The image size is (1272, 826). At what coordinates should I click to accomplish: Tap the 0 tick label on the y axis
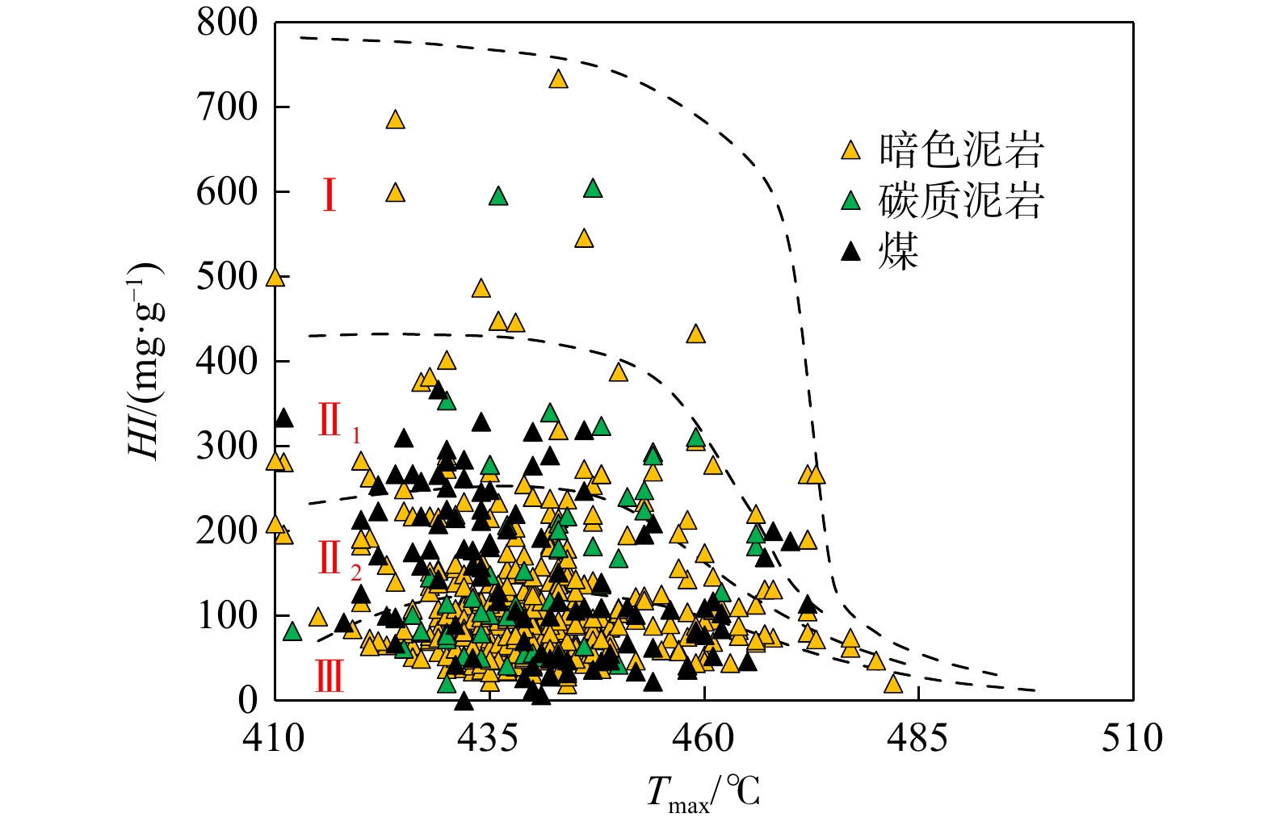[x=247, y=700]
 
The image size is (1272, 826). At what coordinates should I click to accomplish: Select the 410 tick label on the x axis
[x=275, y=738]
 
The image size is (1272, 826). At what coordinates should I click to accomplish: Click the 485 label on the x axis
[x=917, y=738]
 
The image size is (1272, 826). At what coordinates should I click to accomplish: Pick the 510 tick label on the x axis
[x=1132, y=738]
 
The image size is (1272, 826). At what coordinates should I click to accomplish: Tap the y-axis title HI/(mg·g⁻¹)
[x=146, y=360]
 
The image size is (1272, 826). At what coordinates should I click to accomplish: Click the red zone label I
[x=329, y=195]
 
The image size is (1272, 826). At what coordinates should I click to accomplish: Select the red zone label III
[x=330, y=677]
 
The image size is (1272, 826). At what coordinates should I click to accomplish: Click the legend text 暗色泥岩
[x=961, y=149]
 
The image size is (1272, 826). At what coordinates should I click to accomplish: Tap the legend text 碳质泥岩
[x=961, y=200]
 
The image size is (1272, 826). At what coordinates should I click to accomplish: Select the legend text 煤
[x=899, y=251]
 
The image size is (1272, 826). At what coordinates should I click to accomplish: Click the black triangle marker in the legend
[x=850, y=252]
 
